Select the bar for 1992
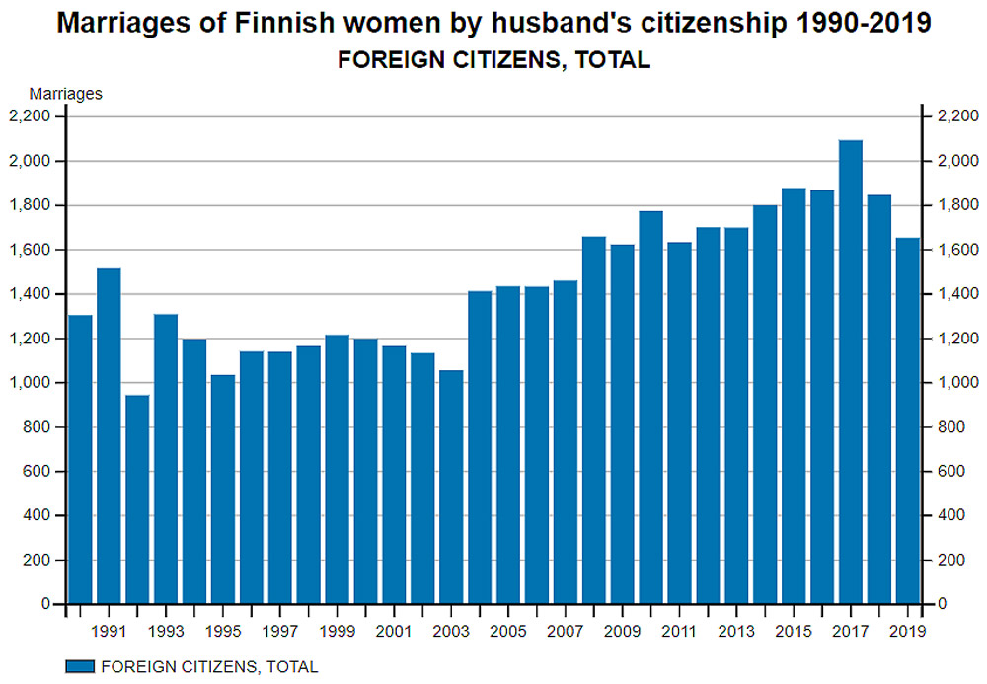137,499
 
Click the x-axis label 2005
508,631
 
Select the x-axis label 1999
337,631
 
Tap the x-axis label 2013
736,631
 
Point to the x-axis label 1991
109,631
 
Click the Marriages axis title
66,94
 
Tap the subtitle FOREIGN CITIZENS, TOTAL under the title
493,60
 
